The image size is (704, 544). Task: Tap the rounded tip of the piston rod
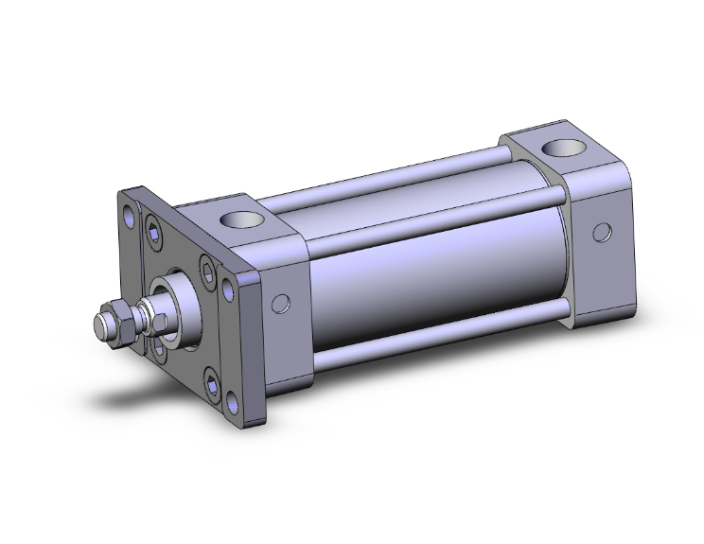97,329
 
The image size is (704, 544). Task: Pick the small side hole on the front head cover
279,303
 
